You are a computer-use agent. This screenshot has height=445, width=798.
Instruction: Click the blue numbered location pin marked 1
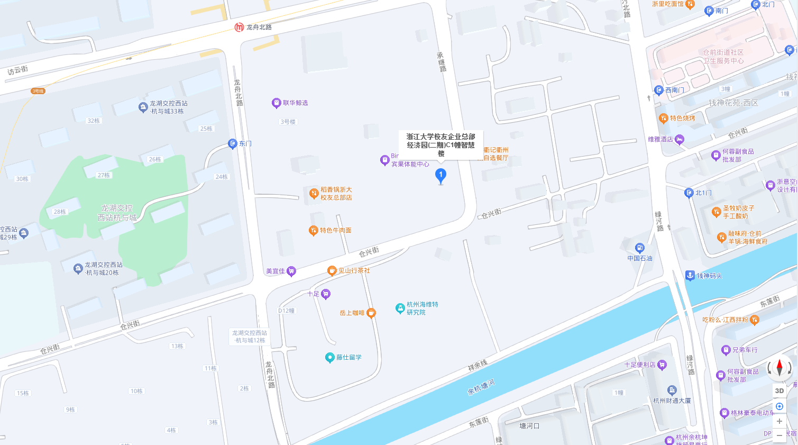tap(441, 175)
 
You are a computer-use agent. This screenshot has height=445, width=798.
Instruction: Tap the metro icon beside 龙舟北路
tap(239, 27)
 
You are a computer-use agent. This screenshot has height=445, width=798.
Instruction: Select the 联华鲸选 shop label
tap(295, 103)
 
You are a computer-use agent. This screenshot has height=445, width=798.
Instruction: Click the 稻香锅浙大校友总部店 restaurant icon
tap(314, 193)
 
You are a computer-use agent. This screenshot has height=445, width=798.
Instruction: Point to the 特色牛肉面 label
tap(336, 230)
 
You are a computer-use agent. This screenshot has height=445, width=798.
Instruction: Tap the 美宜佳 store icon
tap(291, 271)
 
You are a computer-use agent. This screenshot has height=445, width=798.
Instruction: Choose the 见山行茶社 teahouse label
tap(354, 270)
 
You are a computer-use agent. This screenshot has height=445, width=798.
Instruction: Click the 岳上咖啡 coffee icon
tap(371, 313)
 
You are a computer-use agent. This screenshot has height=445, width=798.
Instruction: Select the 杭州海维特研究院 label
tap(422, 308)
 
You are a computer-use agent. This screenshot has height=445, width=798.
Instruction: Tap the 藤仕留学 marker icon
tap(329, 358)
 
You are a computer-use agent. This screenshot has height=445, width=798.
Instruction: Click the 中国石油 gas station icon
tap(640, 248)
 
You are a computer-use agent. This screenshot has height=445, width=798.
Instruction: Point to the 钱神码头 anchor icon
tap(690, 275)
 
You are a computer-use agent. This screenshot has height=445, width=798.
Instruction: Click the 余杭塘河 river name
tap(481, 387)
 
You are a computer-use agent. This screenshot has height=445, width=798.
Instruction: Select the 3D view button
tap(779, 391)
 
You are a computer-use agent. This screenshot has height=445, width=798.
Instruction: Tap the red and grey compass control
tap(779, 367)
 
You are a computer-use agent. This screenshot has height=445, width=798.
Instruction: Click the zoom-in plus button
tap(779, 421)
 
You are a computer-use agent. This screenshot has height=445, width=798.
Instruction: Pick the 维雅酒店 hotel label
tap(661, 139)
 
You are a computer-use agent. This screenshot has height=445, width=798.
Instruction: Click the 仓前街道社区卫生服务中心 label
tap(723, 57)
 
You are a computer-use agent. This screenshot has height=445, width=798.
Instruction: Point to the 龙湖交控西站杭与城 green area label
tap(117, 213)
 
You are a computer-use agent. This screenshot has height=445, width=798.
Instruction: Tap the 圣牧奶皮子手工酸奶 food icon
tap(716, 212)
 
